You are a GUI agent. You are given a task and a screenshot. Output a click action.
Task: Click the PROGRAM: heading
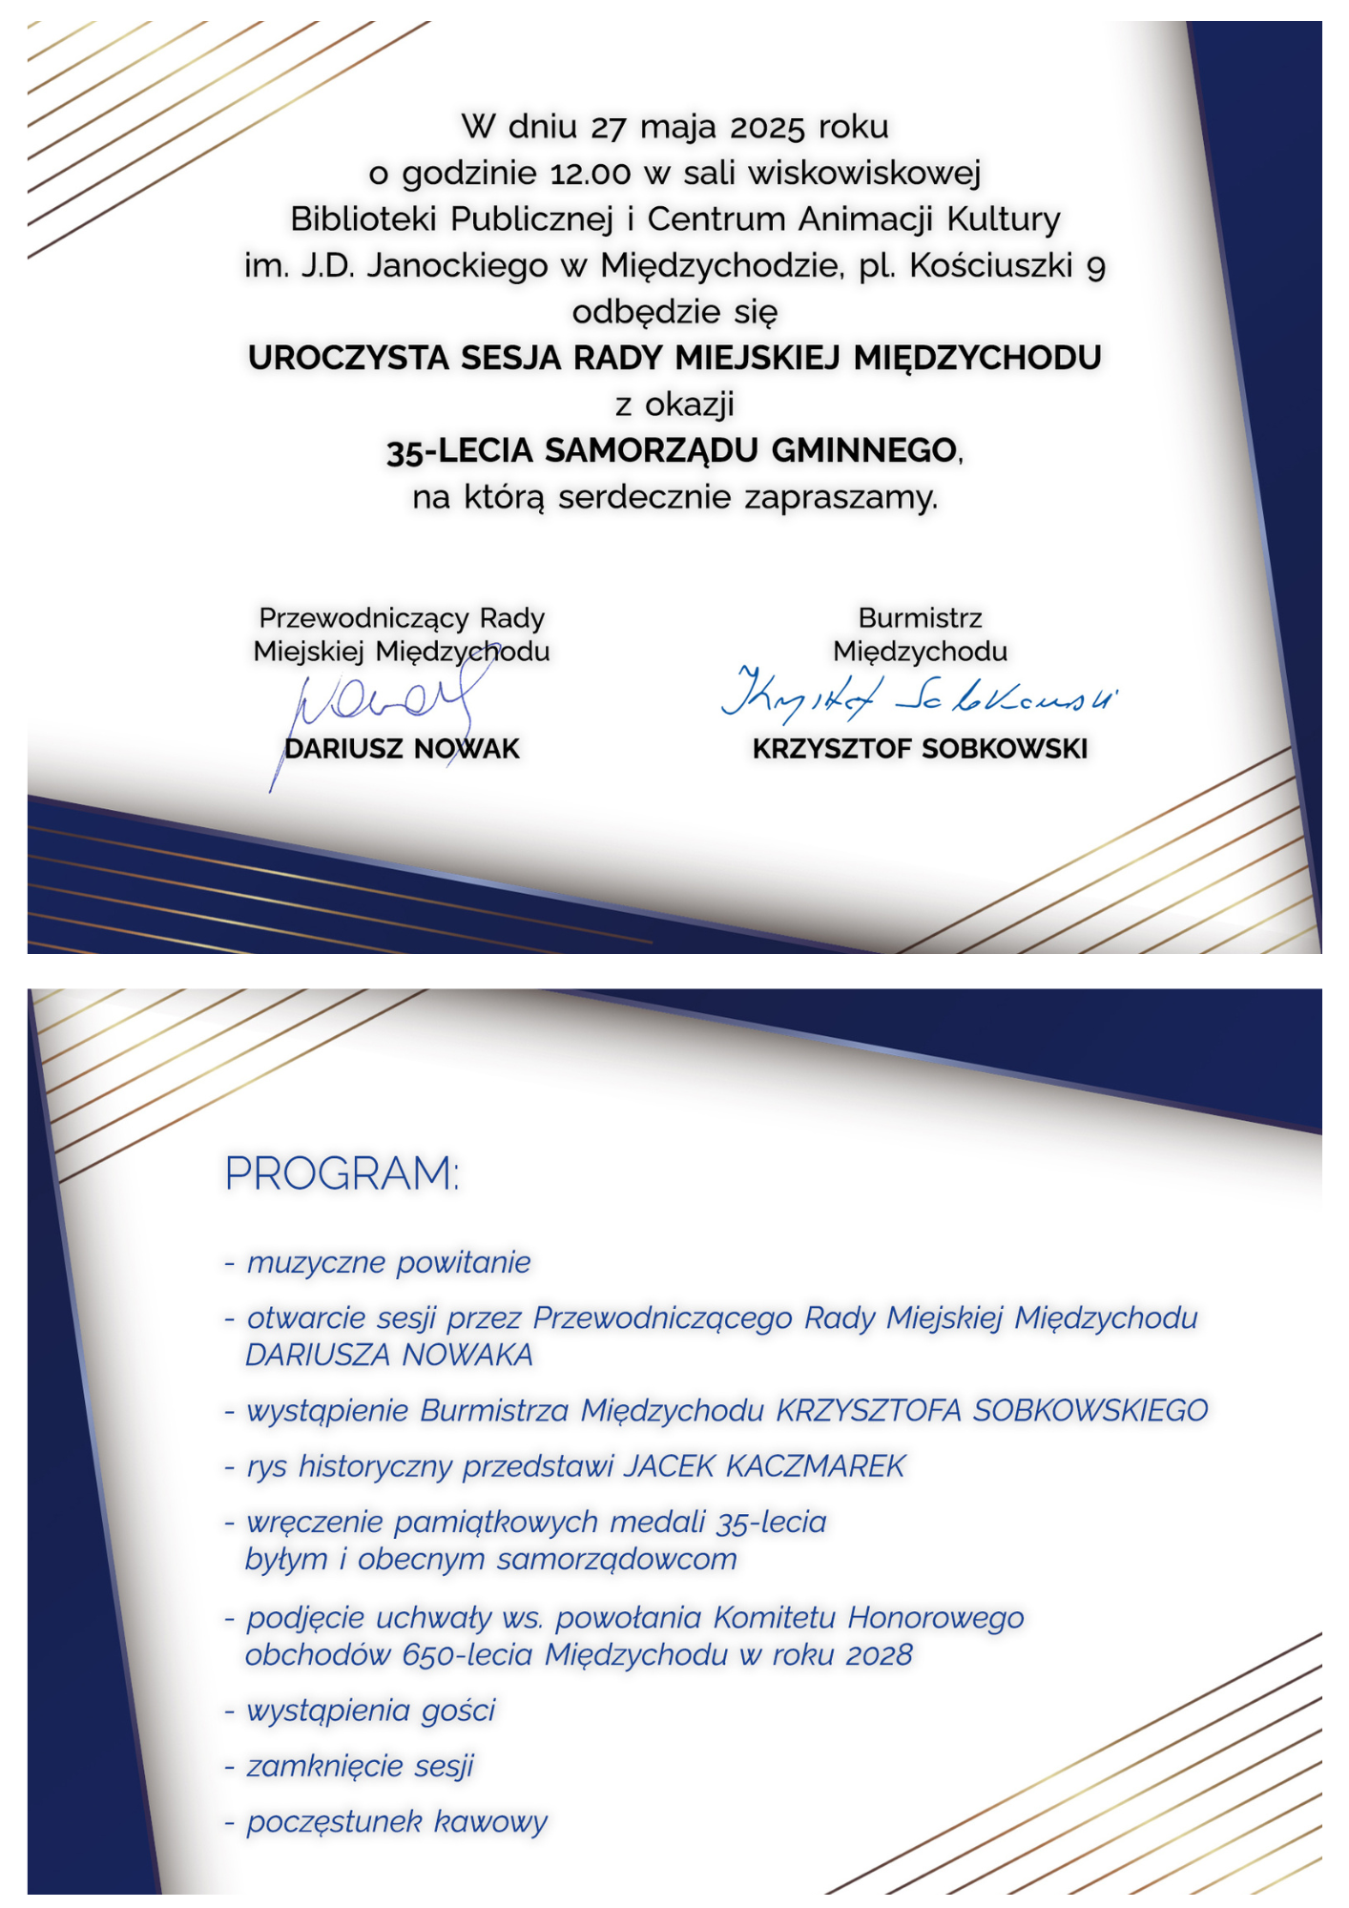click(x=342, y=1172)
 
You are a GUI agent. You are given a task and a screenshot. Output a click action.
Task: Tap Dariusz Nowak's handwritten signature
click(x=382, y=701)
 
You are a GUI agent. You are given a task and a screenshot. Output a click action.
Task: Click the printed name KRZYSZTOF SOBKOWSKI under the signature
click(x=920, y=749)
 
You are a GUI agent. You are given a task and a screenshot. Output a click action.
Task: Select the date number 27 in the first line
click(x=608, y=127)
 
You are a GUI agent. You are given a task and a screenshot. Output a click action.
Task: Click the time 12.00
click(x=591, y=174)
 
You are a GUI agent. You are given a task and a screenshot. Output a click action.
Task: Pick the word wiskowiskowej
click(x=864, y=173)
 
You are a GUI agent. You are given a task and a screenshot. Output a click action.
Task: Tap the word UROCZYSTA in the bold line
click(x=349, y=358)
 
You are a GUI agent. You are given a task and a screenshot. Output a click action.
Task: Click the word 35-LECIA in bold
click(x=459, y=450)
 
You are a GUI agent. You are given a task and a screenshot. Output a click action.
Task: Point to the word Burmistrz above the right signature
click(x=920, y=618)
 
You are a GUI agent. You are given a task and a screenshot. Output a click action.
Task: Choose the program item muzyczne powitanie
click(x=388, y=1262)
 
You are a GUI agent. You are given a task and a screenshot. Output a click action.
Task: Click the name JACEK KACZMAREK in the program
click(x=764, y=1465)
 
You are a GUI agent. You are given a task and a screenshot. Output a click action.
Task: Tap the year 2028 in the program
click(x=879, y=1654)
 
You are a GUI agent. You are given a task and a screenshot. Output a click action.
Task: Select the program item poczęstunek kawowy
click(x=397, y=1821)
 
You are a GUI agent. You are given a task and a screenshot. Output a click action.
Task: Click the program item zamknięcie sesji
click(x=361, y=1766)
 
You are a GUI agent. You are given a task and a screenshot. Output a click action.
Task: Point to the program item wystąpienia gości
click(x=371, y=1711)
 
